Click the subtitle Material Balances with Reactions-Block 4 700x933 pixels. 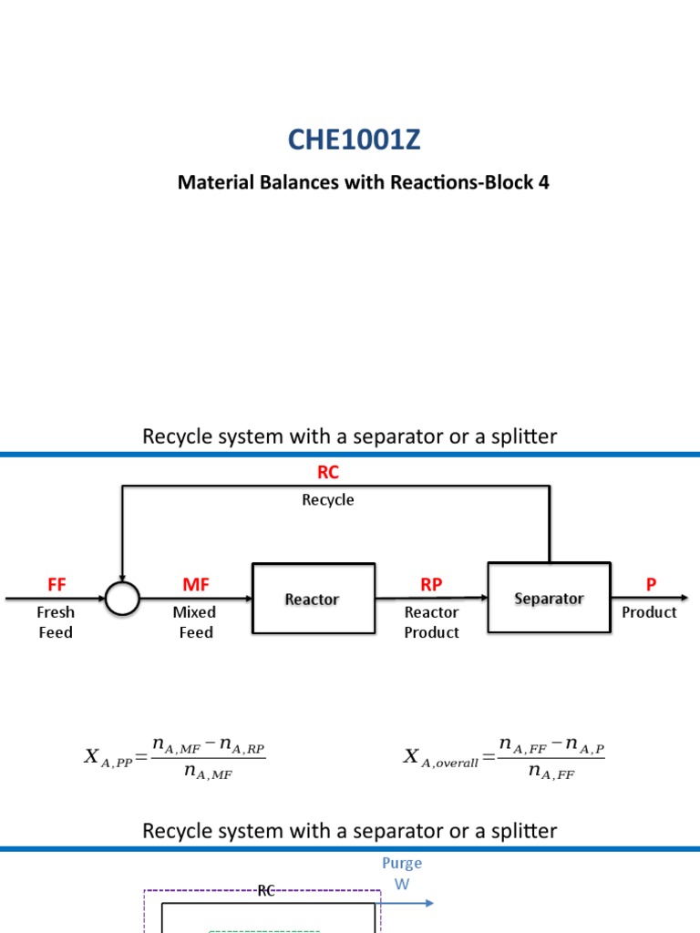pyautogui.click(x=363, y=182)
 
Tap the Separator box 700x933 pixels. pyautogui.click(x=549, y=598)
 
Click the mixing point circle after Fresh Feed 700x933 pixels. pyautogui.click(x=122, y=599)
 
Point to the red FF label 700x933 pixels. pyautogui.click(x=57, y=584)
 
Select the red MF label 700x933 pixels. pyautogui.click(x=196, y=584)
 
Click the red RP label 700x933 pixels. pyautogui.click(x=431, y=584)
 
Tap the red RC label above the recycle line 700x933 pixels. pyautogui.click(x=328, y=472)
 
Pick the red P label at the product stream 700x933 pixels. pyautogui.click(x=651, y=584)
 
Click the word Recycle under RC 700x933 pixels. pyautogui.click(x=328, y=499)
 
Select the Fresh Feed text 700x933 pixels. pyautogui.click(x=56, y=622)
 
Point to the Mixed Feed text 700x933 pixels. pyautogui.click(x=195, y=622)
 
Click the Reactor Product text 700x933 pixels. pyautogui.click(x=431, y=622)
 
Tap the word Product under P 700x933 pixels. pyautogui.click(x=649, y=612)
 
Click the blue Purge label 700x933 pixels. pyautogui.click(x=402, y=863)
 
